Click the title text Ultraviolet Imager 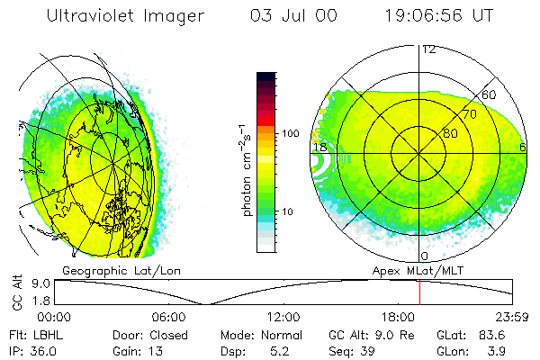pyautogui.click(x=125, y=16)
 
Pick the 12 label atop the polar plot pyautogui.click(x=429, y=49)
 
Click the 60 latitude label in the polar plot pyautogui.click(x=490, y=94)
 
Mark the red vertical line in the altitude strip pyautogui.click(x=419, y=292)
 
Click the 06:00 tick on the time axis pyautogui.click(x=168, y=317)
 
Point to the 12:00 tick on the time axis pyautogui.click(x=283, y=317)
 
